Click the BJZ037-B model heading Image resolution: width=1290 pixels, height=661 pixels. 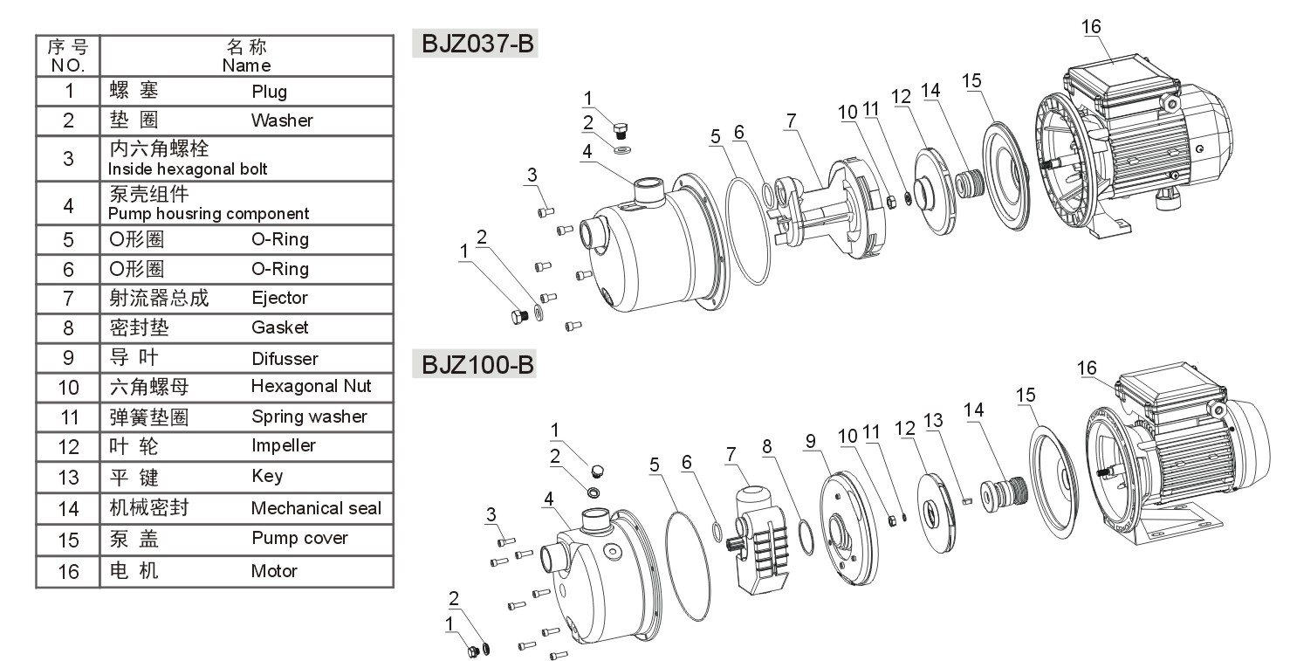pos(477,44)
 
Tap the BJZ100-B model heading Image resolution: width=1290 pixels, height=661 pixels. pos(477,365)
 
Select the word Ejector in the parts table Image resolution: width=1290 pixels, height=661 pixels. pos(280,298)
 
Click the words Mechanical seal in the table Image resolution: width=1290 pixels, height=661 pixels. pos(316,507)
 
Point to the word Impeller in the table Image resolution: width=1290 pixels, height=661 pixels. pos(284,445)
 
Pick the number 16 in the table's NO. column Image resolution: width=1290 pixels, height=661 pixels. pos(68,572)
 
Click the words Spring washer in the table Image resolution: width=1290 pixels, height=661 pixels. pos(309,417)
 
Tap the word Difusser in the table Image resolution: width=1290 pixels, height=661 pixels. pos(285,359)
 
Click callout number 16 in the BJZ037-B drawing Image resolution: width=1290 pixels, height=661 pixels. pos(1091,26)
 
